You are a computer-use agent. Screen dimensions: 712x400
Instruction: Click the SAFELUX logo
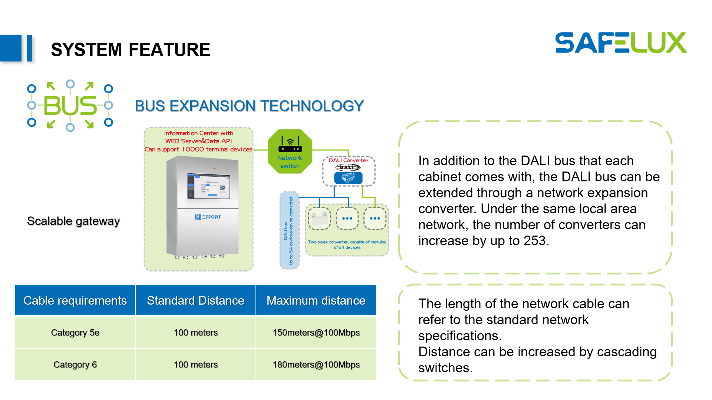point(621,43)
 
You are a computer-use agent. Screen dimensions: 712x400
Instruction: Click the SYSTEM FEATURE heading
point(131,50)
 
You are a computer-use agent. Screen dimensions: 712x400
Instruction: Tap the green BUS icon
point(70,106)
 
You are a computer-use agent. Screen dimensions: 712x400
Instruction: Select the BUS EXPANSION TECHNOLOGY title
point(249,106)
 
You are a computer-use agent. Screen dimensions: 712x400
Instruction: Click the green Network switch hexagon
point(290,151)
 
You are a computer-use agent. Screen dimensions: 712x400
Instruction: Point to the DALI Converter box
point(349,171)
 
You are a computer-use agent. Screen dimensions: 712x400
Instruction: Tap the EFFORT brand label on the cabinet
point(208,217)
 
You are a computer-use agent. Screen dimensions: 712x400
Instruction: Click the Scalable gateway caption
point(73,221)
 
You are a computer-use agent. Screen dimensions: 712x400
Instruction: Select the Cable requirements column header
point(75,300)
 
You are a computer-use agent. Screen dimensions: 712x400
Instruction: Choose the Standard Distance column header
point(195,300)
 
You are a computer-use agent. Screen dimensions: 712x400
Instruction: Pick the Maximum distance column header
point(316,300)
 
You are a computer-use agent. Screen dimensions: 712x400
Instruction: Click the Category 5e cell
point(75,333)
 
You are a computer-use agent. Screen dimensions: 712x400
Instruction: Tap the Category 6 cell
point(75,364)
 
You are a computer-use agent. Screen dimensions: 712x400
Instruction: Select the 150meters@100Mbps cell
point(316,333)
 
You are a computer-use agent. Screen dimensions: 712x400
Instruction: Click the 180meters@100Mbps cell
point(316,364)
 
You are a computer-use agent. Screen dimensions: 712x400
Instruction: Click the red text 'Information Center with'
point(199,133)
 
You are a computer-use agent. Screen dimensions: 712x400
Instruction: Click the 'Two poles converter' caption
point(347,244)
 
